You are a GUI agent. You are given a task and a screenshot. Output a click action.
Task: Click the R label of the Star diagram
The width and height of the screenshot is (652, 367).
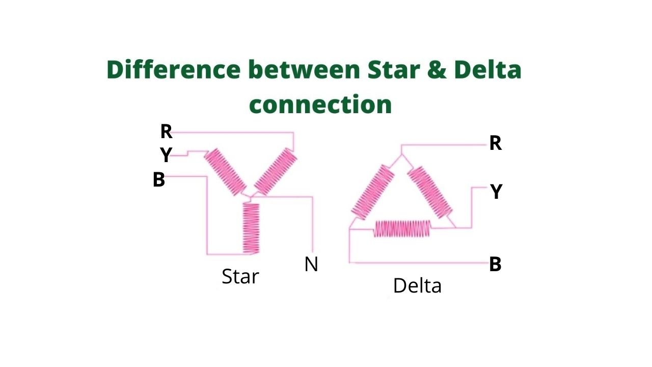[x=166, y=132]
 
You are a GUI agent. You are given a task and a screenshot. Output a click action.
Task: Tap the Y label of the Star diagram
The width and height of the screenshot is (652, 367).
[x=166, y=155]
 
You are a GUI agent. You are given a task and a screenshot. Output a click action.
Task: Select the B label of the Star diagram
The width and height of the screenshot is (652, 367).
[x=159, y=180]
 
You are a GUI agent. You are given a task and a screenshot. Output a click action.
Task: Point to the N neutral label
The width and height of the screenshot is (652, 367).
[x=311, y=264]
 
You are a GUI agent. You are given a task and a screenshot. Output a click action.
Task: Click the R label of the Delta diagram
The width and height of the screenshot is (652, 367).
[x=495, y=144]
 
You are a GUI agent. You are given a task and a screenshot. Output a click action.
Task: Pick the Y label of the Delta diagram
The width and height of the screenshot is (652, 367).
[x=496, y=192]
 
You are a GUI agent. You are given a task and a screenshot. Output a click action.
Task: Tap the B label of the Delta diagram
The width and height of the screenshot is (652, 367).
[x=495, y=265]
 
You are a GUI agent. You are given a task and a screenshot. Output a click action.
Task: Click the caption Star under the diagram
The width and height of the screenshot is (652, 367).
[x=240, y=276]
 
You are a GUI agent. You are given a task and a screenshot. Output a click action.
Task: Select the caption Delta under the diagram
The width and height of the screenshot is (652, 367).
[x=417, y=286]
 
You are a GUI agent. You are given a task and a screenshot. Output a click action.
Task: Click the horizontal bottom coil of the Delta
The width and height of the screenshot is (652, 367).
[x=402, y=229]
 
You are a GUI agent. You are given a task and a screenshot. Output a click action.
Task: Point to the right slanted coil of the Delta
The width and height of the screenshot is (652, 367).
[x=429, y=192]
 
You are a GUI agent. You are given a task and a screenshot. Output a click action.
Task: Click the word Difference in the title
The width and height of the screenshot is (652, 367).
[x=173, y=70]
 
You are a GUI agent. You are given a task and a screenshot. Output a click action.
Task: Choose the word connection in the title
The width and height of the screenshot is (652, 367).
[x=320, y=104]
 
